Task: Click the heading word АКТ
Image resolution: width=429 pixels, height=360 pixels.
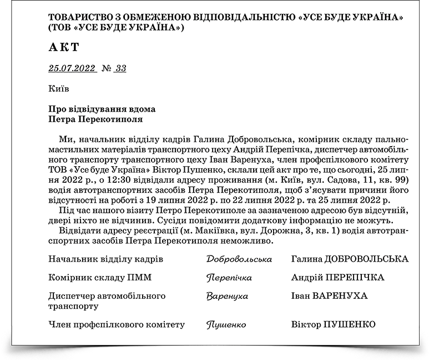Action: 64,47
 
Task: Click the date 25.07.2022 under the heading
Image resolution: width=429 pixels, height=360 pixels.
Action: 72,69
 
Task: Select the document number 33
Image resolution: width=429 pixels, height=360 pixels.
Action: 120,69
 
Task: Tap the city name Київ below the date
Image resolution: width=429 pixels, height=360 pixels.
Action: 58,88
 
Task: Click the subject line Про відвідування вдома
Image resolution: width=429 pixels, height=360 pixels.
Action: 102,109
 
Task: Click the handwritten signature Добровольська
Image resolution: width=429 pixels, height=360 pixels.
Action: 239,259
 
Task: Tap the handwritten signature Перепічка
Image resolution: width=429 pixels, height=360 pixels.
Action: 229,278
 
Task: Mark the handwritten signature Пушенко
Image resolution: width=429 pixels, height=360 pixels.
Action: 225,325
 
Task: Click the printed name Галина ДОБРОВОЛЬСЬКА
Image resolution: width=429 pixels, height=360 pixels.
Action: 350,259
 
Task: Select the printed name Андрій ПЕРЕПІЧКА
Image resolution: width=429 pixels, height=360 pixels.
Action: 337,278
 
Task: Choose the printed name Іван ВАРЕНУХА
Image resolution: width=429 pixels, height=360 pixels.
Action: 329,296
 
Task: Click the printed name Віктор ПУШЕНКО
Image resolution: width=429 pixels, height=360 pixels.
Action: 333,325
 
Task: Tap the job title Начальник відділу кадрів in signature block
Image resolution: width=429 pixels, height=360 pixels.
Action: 105,259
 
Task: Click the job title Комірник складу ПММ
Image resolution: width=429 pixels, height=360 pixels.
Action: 100,278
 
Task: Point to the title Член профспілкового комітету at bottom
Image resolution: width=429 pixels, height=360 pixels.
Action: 116,325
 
